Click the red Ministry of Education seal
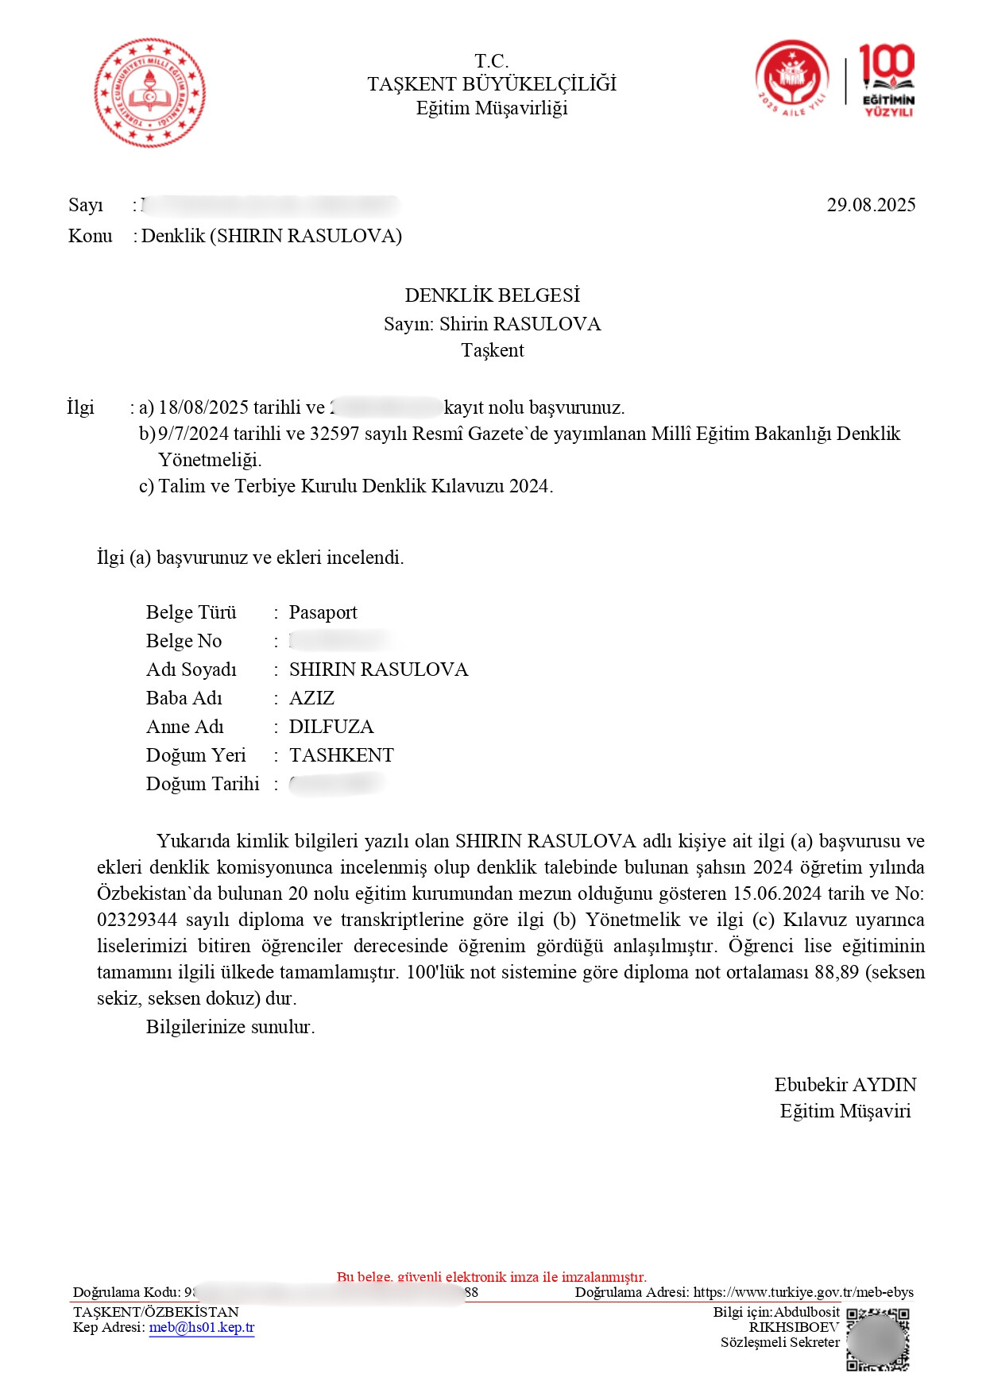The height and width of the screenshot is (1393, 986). tap(149, 92)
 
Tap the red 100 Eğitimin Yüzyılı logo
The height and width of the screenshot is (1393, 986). tap(887, 81)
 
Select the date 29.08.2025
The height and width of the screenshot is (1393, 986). tap(871, 205)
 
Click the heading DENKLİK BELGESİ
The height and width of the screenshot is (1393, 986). tap(492, 295)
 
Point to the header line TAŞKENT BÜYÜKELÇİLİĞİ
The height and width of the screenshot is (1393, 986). tap(492, 84)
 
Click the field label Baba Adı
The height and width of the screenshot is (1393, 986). tap(184, 698)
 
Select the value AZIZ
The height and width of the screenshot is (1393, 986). tap(311, 698)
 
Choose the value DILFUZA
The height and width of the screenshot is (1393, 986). tap(331, 727)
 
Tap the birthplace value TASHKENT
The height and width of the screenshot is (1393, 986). tap(341, 755)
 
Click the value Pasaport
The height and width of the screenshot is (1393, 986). tap(323, 612)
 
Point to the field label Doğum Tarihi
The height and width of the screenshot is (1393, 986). tap(203, 784)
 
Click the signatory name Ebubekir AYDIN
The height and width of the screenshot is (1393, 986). tap(845, 1085)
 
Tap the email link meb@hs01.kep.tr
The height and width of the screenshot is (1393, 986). tap(202, 1327)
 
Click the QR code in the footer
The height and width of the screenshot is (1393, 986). tap(877, 1340)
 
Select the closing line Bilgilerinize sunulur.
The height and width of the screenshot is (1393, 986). tap(230, 1027)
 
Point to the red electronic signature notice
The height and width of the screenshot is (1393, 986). tap(492, 1277)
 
